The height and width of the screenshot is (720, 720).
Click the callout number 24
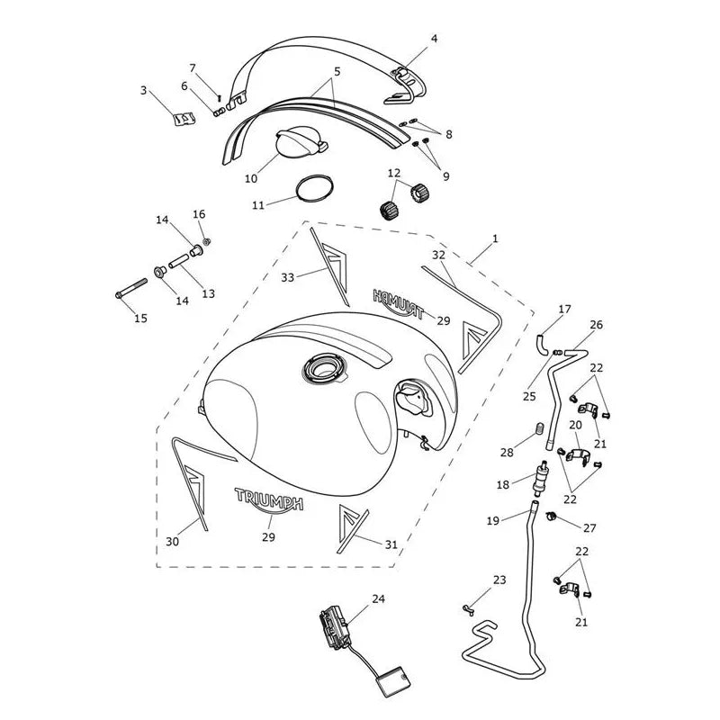tap(378, 598)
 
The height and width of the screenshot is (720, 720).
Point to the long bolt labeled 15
tap(131, 287)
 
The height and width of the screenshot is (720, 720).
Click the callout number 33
tap(287, 277)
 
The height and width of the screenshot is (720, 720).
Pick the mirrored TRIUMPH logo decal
tap(399, 304)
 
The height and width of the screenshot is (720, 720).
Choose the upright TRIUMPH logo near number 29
tap(268, 499)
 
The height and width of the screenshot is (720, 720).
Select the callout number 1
tap(494, 238)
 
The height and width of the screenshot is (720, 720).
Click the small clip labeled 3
tap(184, 119)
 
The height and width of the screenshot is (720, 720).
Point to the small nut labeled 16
tap(206, 241)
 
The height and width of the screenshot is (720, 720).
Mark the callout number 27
tap(589, 528)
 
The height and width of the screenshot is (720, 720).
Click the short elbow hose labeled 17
tap(542, 345)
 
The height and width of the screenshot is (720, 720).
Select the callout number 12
tap(394, 173)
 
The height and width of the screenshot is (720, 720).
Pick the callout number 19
tap(492, 521)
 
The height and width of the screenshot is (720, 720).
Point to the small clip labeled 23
tap(468, 610)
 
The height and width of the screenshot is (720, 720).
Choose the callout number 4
tap(434, 39)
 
